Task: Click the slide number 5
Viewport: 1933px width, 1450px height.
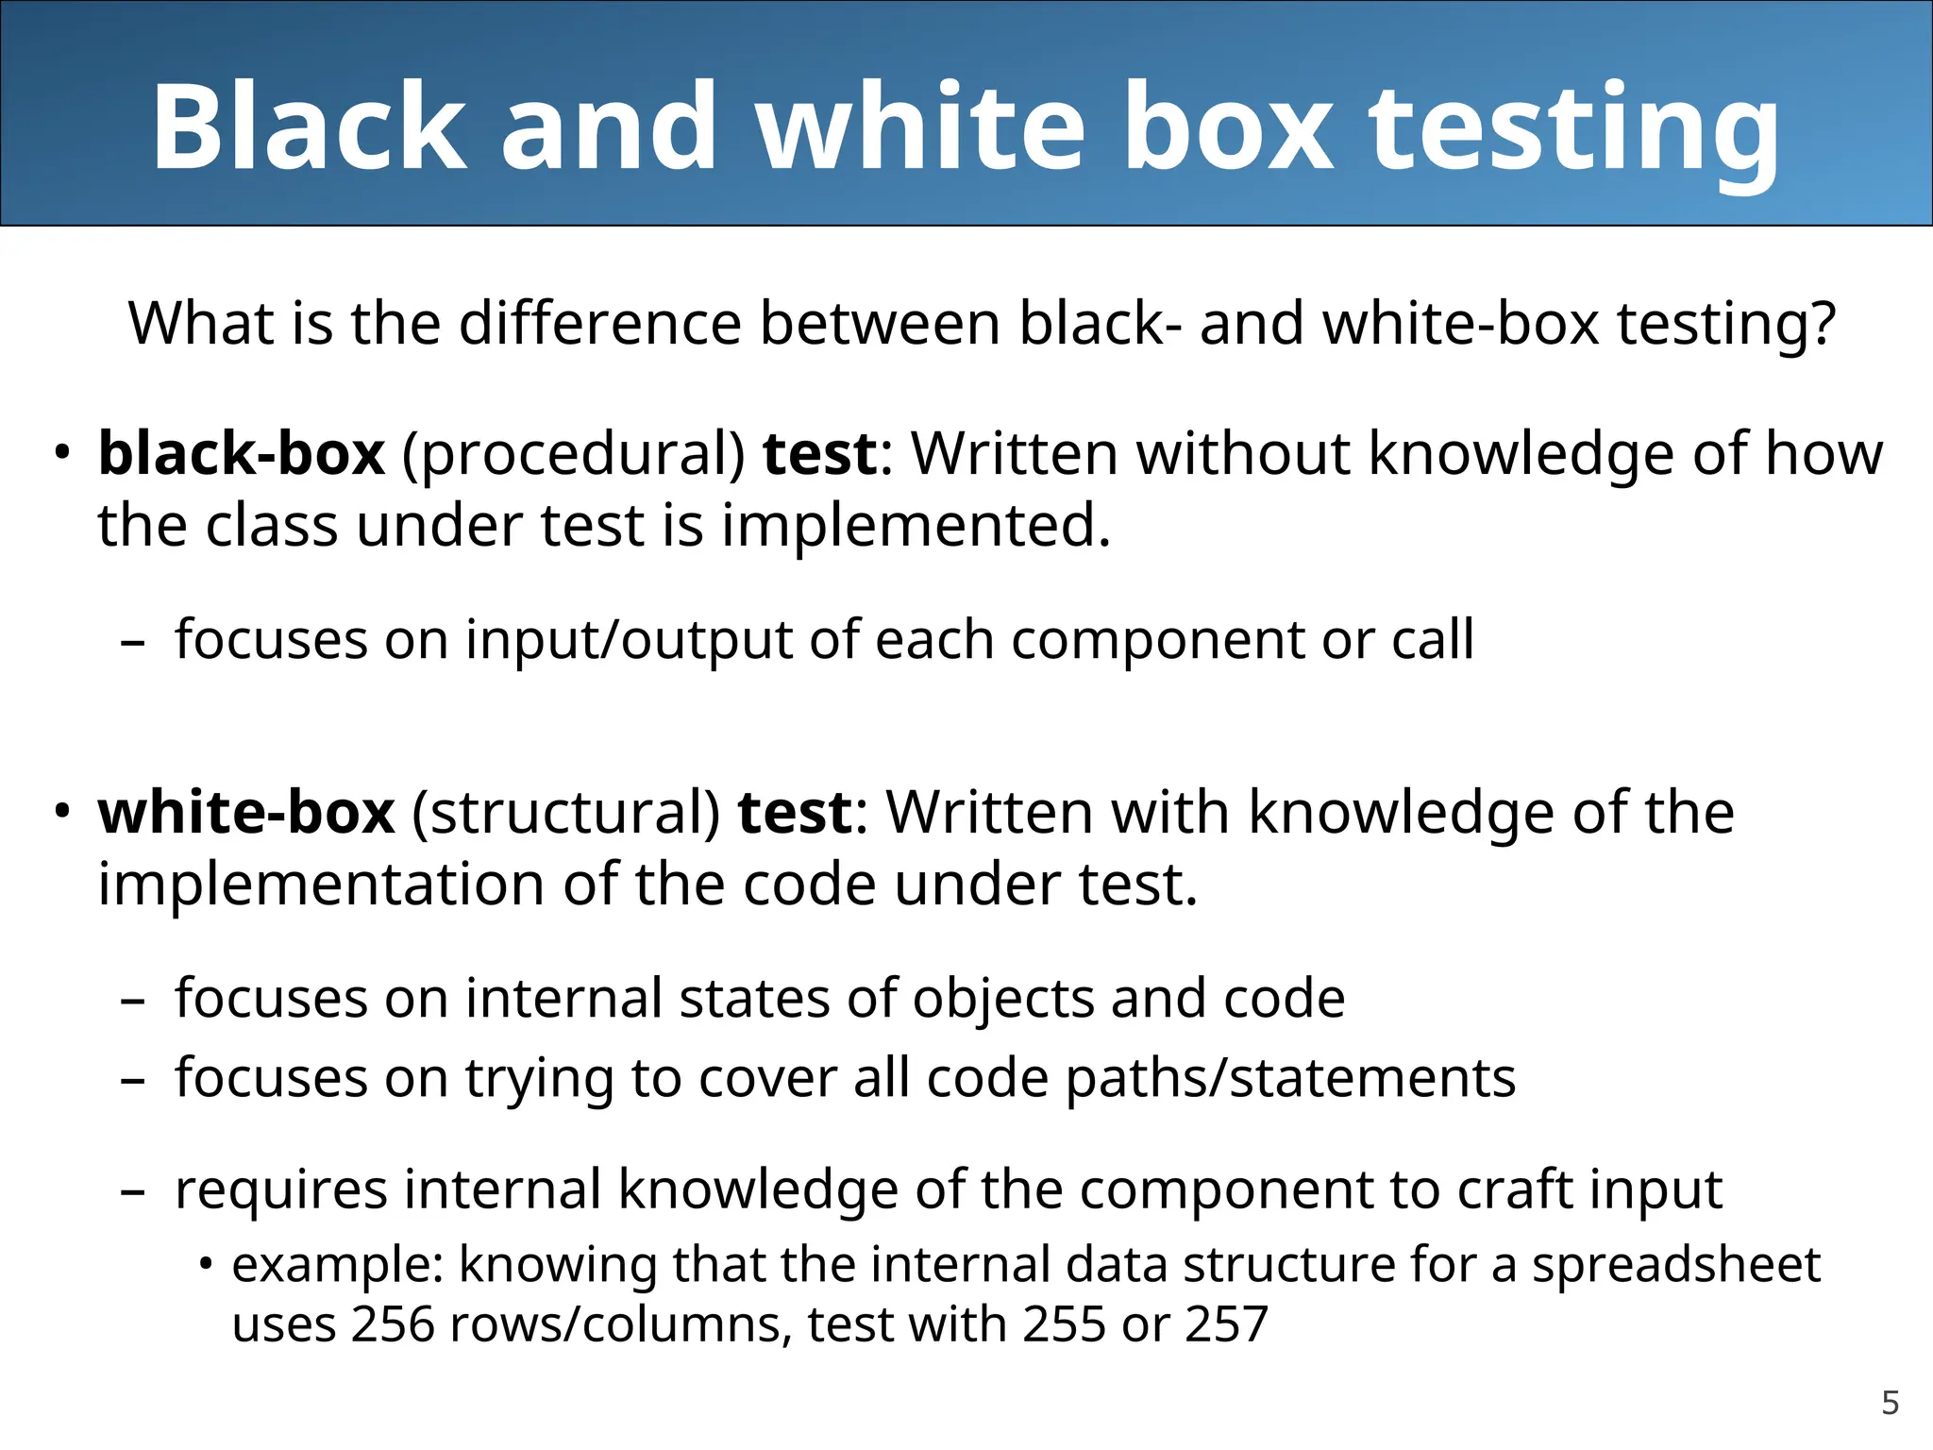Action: point(1890,1403)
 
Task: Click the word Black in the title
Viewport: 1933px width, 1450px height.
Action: point(309,126)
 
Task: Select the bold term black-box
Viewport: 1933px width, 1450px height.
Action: point(242,453)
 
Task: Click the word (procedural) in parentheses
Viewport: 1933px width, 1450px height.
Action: point(574,455)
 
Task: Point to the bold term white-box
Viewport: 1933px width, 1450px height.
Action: point(246,812)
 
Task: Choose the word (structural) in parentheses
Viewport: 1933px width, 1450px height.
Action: point(566,814)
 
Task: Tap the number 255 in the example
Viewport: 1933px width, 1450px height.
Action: point(1064,1324)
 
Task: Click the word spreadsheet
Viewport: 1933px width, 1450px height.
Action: point(1675,1267)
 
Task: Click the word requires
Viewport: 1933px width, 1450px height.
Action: point(281,1189)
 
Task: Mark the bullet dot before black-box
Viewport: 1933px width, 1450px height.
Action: point(62,451)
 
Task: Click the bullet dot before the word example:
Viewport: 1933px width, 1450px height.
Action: point(206,1264)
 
